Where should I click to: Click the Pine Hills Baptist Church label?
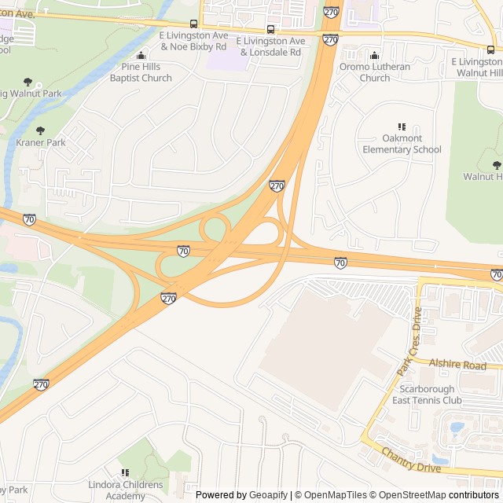141,73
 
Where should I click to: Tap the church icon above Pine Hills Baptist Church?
141,56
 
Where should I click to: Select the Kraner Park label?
41,143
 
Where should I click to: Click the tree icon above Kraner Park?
41,130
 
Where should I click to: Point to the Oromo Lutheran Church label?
374,72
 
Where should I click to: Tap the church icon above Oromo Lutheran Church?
374,56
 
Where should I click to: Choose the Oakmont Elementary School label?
402,144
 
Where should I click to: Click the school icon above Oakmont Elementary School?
402,127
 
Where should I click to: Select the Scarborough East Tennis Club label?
431,395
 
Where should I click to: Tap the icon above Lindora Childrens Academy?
124,472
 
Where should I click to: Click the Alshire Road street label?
458,365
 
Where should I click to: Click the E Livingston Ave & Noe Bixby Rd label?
193,42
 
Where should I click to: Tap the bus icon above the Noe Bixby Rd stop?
193,25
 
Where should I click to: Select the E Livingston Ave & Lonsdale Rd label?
270,46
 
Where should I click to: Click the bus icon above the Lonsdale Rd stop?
271,30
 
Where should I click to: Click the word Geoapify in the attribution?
269,495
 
